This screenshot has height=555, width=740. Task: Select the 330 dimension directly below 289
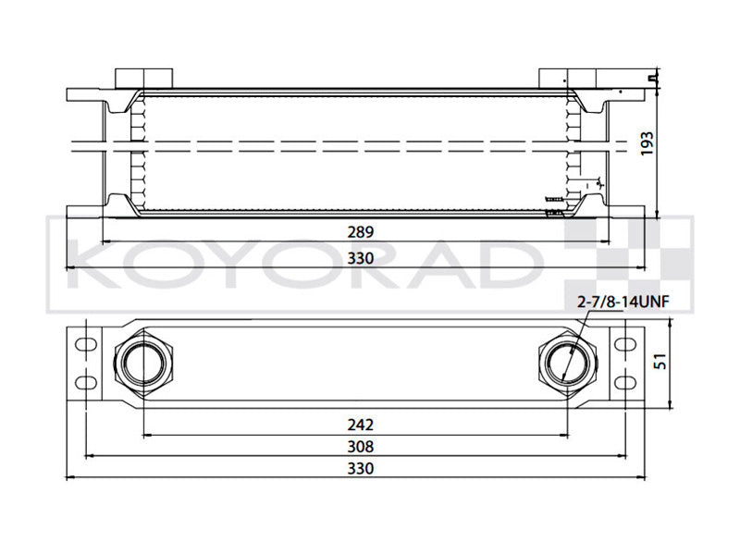click(x=361, y=258)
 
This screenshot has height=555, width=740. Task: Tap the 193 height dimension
click(x=647, y=143)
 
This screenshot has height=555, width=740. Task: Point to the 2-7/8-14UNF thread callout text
click(x=623, y=302)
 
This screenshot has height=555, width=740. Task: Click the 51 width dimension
click(x=660, y=361)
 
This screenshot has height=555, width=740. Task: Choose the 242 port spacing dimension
click(x=361, y=425)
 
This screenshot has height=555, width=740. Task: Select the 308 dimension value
click(x=361, y=446)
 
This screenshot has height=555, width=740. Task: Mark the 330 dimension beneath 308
click(x=361, y=469)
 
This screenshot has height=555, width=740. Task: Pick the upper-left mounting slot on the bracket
click(x=84, y=344)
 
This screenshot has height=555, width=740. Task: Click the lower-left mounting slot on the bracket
click(x=84, y=382)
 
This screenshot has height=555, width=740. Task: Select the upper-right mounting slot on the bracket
click(x=626, y=344)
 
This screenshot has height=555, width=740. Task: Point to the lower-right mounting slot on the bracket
click(x=626, y=382)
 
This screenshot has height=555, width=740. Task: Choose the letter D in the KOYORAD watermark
click(x=507, y=266)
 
